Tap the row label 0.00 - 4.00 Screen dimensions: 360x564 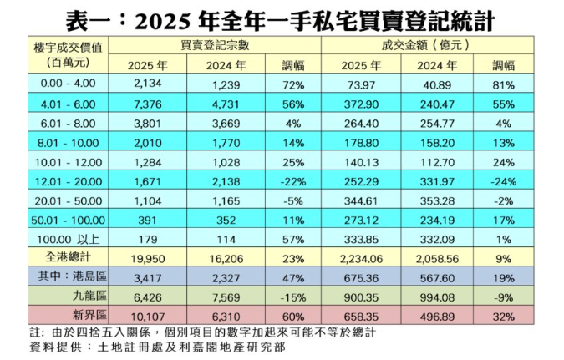69,84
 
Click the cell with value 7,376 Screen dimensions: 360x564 147,102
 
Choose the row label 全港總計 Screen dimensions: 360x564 69,259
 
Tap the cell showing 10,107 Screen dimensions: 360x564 147,317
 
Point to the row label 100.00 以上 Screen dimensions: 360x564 69,240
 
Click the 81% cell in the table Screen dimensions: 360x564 504,84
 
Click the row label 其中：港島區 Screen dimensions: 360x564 69,278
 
